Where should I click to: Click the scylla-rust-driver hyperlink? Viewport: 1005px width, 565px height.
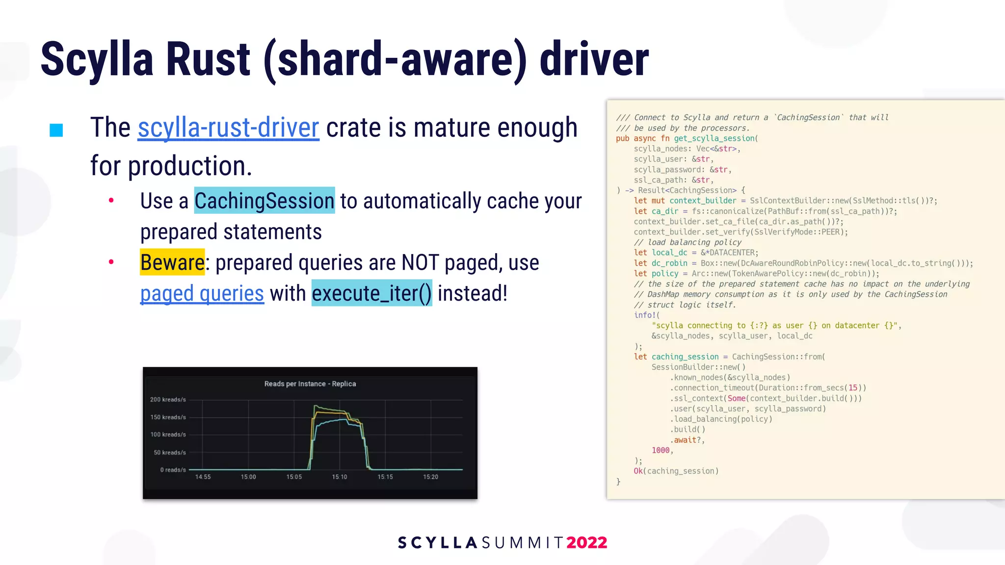coord(228,128)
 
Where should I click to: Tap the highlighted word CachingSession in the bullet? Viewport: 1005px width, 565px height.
coord(264,201)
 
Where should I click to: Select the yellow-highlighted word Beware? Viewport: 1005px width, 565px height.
coord(172,263)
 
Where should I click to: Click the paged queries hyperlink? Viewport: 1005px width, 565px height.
coord(202,294)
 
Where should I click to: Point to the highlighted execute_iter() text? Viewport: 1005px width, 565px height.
coord(371,294)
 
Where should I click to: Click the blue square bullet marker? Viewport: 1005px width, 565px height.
coord(56,130)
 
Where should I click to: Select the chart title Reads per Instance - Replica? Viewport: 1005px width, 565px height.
coord(310,384)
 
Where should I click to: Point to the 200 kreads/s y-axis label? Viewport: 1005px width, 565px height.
coord(168,400)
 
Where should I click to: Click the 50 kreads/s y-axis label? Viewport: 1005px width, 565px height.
coord(170,452)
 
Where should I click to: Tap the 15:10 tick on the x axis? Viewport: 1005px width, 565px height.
coord(339,477)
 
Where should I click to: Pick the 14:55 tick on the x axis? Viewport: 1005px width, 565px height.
coord(203,477)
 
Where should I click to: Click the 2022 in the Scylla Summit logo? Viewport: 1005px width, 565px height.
coord(586,542)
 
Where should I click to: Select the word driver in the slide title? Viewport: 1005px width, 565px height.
coord(594,60)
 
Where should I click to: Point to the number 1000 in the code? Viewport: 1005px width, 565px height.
coord(661,450)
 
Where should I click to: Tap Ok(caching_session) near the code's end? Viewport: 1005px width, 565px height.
coord(676,471)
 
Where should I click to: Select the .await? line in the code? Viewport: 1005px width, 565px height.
coord(687,440)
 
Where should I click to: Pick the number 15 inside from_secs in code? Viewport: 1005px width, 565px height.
coord(853,388)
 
